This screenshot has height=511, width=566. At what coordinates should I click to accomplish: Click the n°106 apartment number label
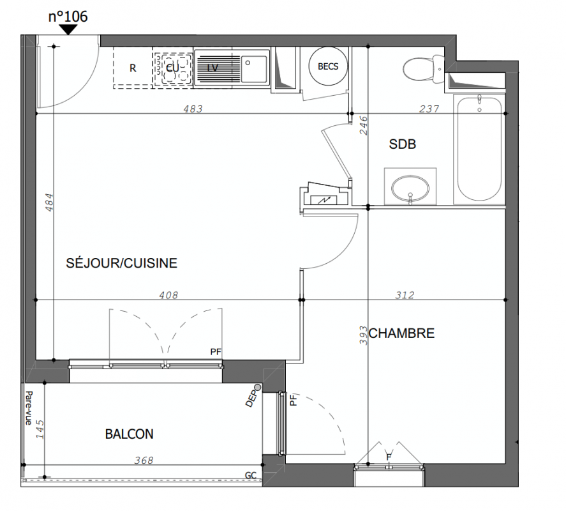[x=68, y=17]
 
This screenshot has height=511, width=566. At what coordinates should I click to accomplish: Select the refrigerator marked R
[x=133, y=68]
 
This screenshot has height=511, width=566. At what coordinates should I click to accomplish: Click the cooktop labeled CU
[x=173, y=68]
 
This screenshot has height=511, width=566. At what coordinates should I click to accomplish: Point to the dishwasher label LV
[x=212, y=68]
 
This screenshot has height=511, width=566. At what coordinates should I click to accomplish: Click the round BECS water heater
[x=328, y=66]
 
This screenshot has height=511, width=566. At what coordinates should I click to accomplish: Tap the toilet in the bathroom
[x=423, y=68]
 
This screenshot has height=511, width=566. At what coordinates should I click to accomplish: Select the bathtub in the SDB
[x=479, y=148]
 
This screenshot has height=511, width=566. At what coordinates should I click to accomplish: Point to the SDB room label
[x=403, y=144]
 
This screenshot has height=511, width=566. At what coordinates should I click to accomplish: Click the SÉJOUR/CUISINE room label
[x=122, y=263]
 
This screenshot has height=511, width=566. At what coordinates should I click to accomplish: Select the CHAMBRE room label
[x=402, y=333]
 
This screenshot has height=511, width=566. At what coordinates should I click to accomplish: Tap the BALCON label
[x=130, y=434]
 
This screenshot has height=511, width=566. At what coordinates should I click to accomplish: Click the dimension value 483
[x=193, y=109]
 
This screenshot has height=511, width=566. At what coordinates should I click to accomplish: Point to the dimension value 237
[x=429, y=109]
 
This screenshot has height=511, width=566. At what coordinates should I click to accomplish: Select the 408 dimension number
[x=168, y=295]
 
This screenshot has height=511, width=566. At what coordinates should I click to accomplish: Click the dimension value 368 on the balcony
[x=144, y=461]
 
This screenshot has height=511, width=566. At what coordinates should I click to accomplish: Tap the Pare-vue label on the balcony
[x=29, y=408]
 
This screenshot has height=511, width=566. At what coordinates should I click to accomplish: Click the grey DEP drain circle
[x=257, y=388]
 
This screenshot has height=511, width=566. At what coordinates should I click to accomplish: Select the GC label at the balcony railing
[x=251, y=476]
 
